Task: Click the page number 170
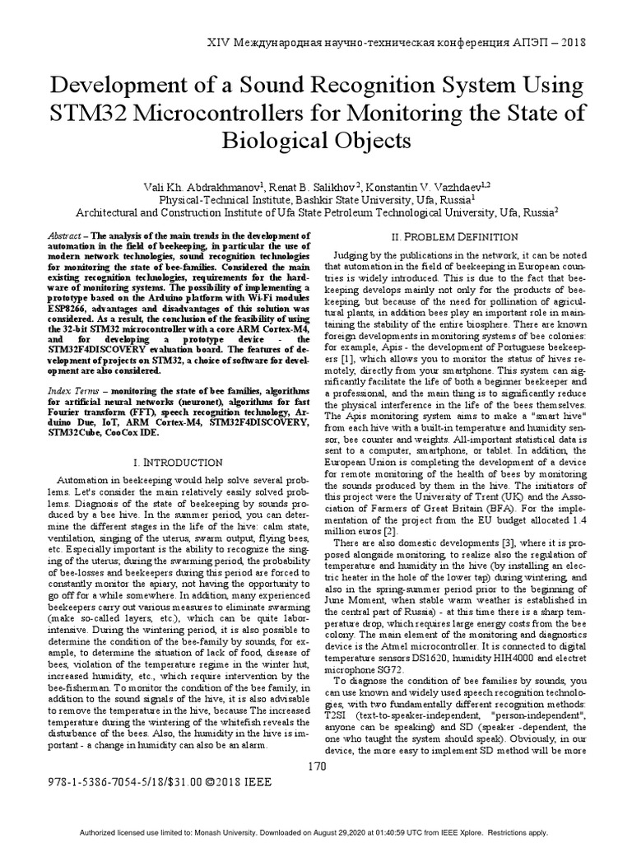(x=316, y=767)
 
